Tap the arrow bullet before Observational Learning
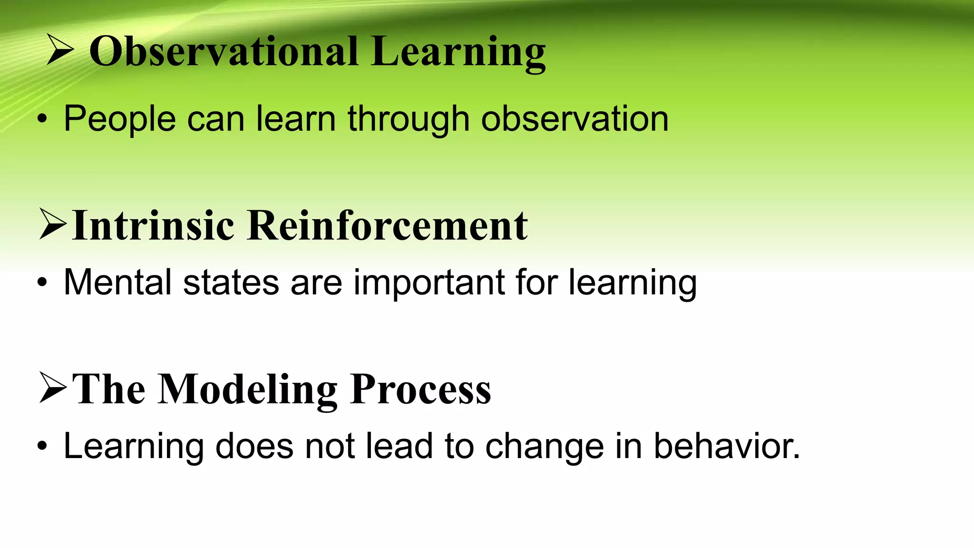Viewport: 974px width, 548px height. (x=60, y=50)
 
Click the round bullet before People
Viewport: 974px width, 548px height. (x=42, y=120)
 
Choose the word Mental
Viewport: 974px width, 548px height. (x=117, y=283)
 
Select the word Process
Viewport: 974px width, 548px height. (x=420, y=389)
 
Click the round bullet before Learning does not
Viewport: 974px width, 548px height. (x=42, y=447)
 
